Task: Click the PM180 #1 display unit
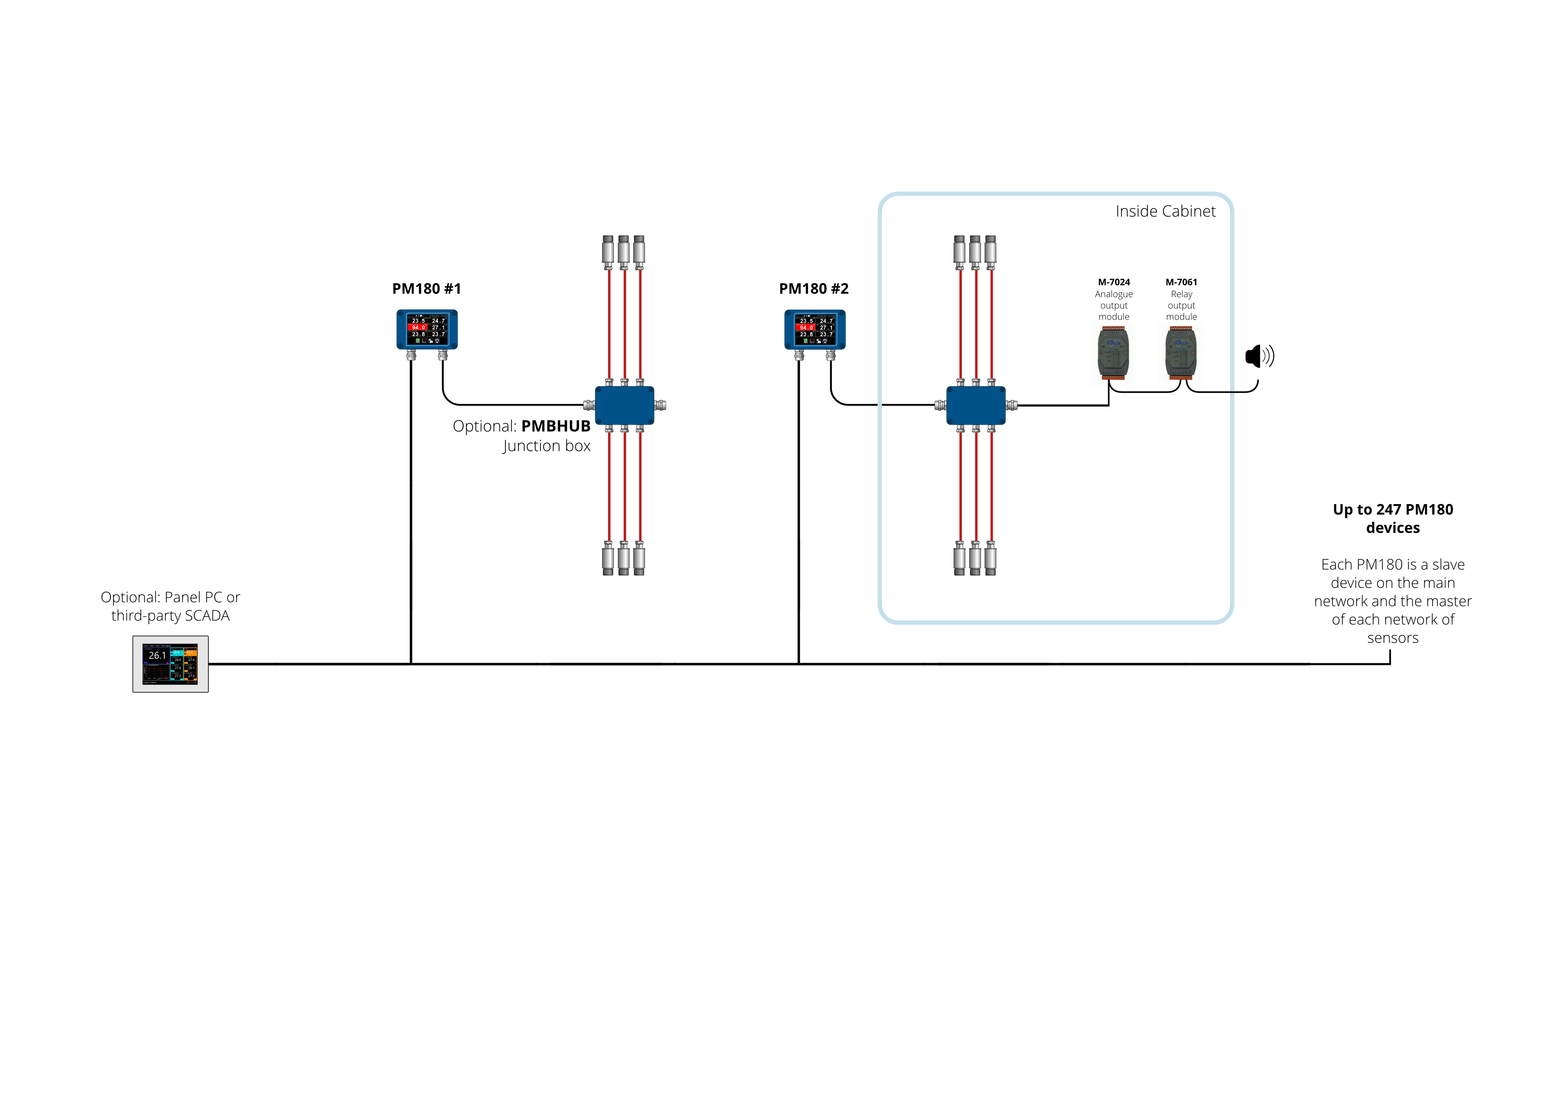(427, 329)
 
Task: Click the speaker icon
(1259, 356)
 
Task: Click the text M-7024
(1114, 282)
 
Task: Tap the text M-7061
(1181, 282)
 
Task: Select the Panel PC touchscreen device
(170, 664)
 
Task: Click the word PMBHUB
(556, 426)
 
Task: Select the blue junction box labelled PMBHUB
(625, 406)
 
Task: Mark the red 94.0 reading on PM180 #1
(418, 328)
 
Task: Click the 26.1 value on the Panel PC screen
(157, 655)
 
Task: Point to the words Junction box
(546, 446)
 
